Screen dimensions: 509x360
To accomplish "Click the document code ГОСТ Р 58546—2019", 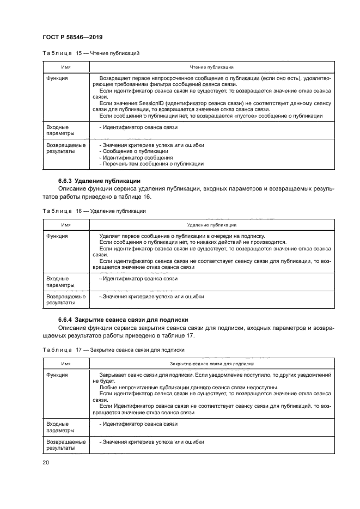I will [72, 36].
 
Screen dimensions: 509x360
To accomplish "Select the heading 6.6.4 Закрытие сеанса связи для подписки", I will [120, 319].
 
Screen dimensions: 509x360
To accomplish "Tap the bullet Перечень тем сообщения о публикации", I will [151, 163].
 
